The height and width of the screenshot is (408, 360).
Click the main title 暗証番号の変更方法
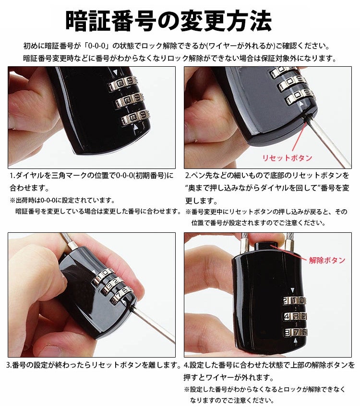click(x=168, y=21)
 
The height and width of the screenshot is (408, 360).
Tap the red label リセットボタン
click(x=287, y=158)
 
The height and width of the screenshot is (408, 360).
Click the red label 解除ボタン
click(x=327, y=260)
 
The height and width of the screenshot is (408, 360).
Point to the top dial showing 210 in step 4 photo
click(x=294, y=301)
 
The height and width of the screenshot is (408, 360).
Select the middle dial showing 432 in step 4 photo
click(x=294, y=317)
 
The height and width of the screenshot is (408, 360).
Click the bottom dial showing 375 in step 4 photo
click(x=295, y=332)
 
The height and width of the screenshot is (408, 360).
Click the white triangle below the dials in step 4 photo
click(x=295, y=341)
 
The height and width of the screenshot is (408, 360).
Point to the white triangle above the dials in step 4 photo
click(x=293, y=290)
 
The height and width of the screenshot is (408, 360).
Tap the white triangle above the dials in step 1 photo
click(x=115, y=72)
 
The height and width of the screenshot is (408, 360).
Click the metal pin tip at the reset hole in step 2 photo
click(x=305, y=118)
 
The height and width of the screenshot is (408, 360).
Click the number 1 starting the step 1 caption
click(x=12, y=176)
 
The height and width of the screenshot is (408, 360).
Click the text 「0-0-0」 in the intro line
click(x=97, y=46)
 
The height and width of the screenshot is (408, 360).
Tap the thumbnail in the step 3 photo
click(x=51, y=350)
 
